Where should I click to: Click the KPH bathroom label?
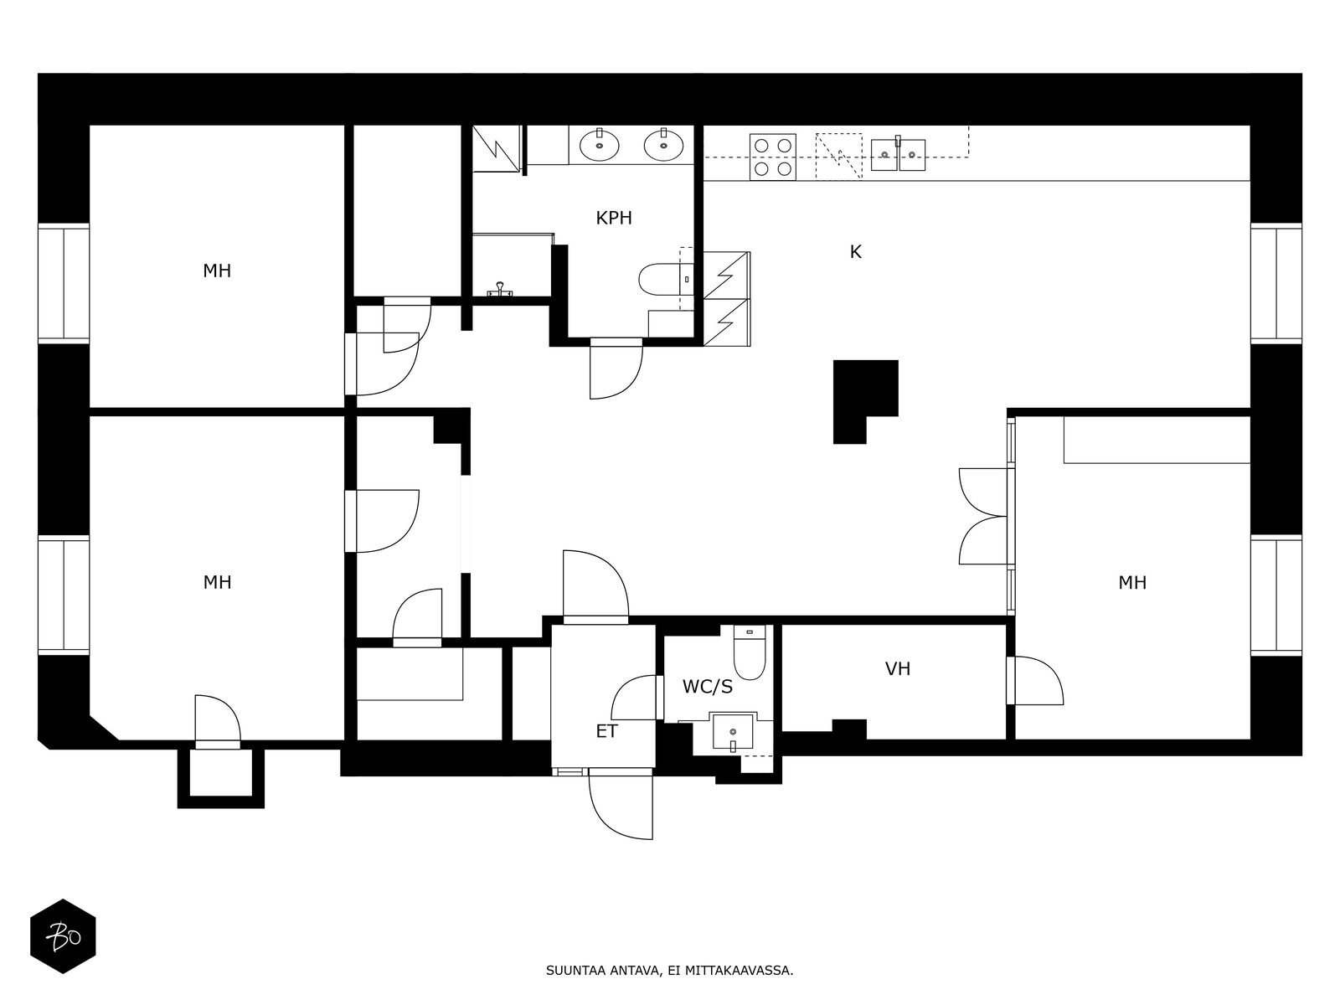point(614,218)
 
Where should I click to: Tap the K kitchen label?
point(855,251)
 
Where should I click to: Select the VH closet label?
point(898,669)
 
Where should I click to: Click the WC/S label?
point(708,687)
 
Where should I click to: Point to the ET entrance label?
point(607,731)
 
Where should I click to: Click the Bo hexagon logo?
point(63,936)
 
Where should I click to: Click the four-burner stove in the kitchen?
point(773,157)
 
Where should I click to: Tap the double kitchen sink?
point(898,154)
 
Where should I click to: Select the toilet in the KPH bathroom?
point(666,280)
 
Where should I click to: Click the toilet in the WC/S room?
point(749,652)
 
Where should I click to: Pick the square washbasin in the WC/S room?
point(733,732)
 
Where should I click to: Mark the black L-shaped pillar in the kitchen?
point(865,400)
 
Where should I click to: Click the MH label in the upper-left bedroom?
point(217,271)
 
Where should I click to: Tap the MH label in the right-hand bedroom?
point(1132,583)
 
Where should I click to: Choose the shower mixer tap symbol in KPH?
point(500,290)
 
